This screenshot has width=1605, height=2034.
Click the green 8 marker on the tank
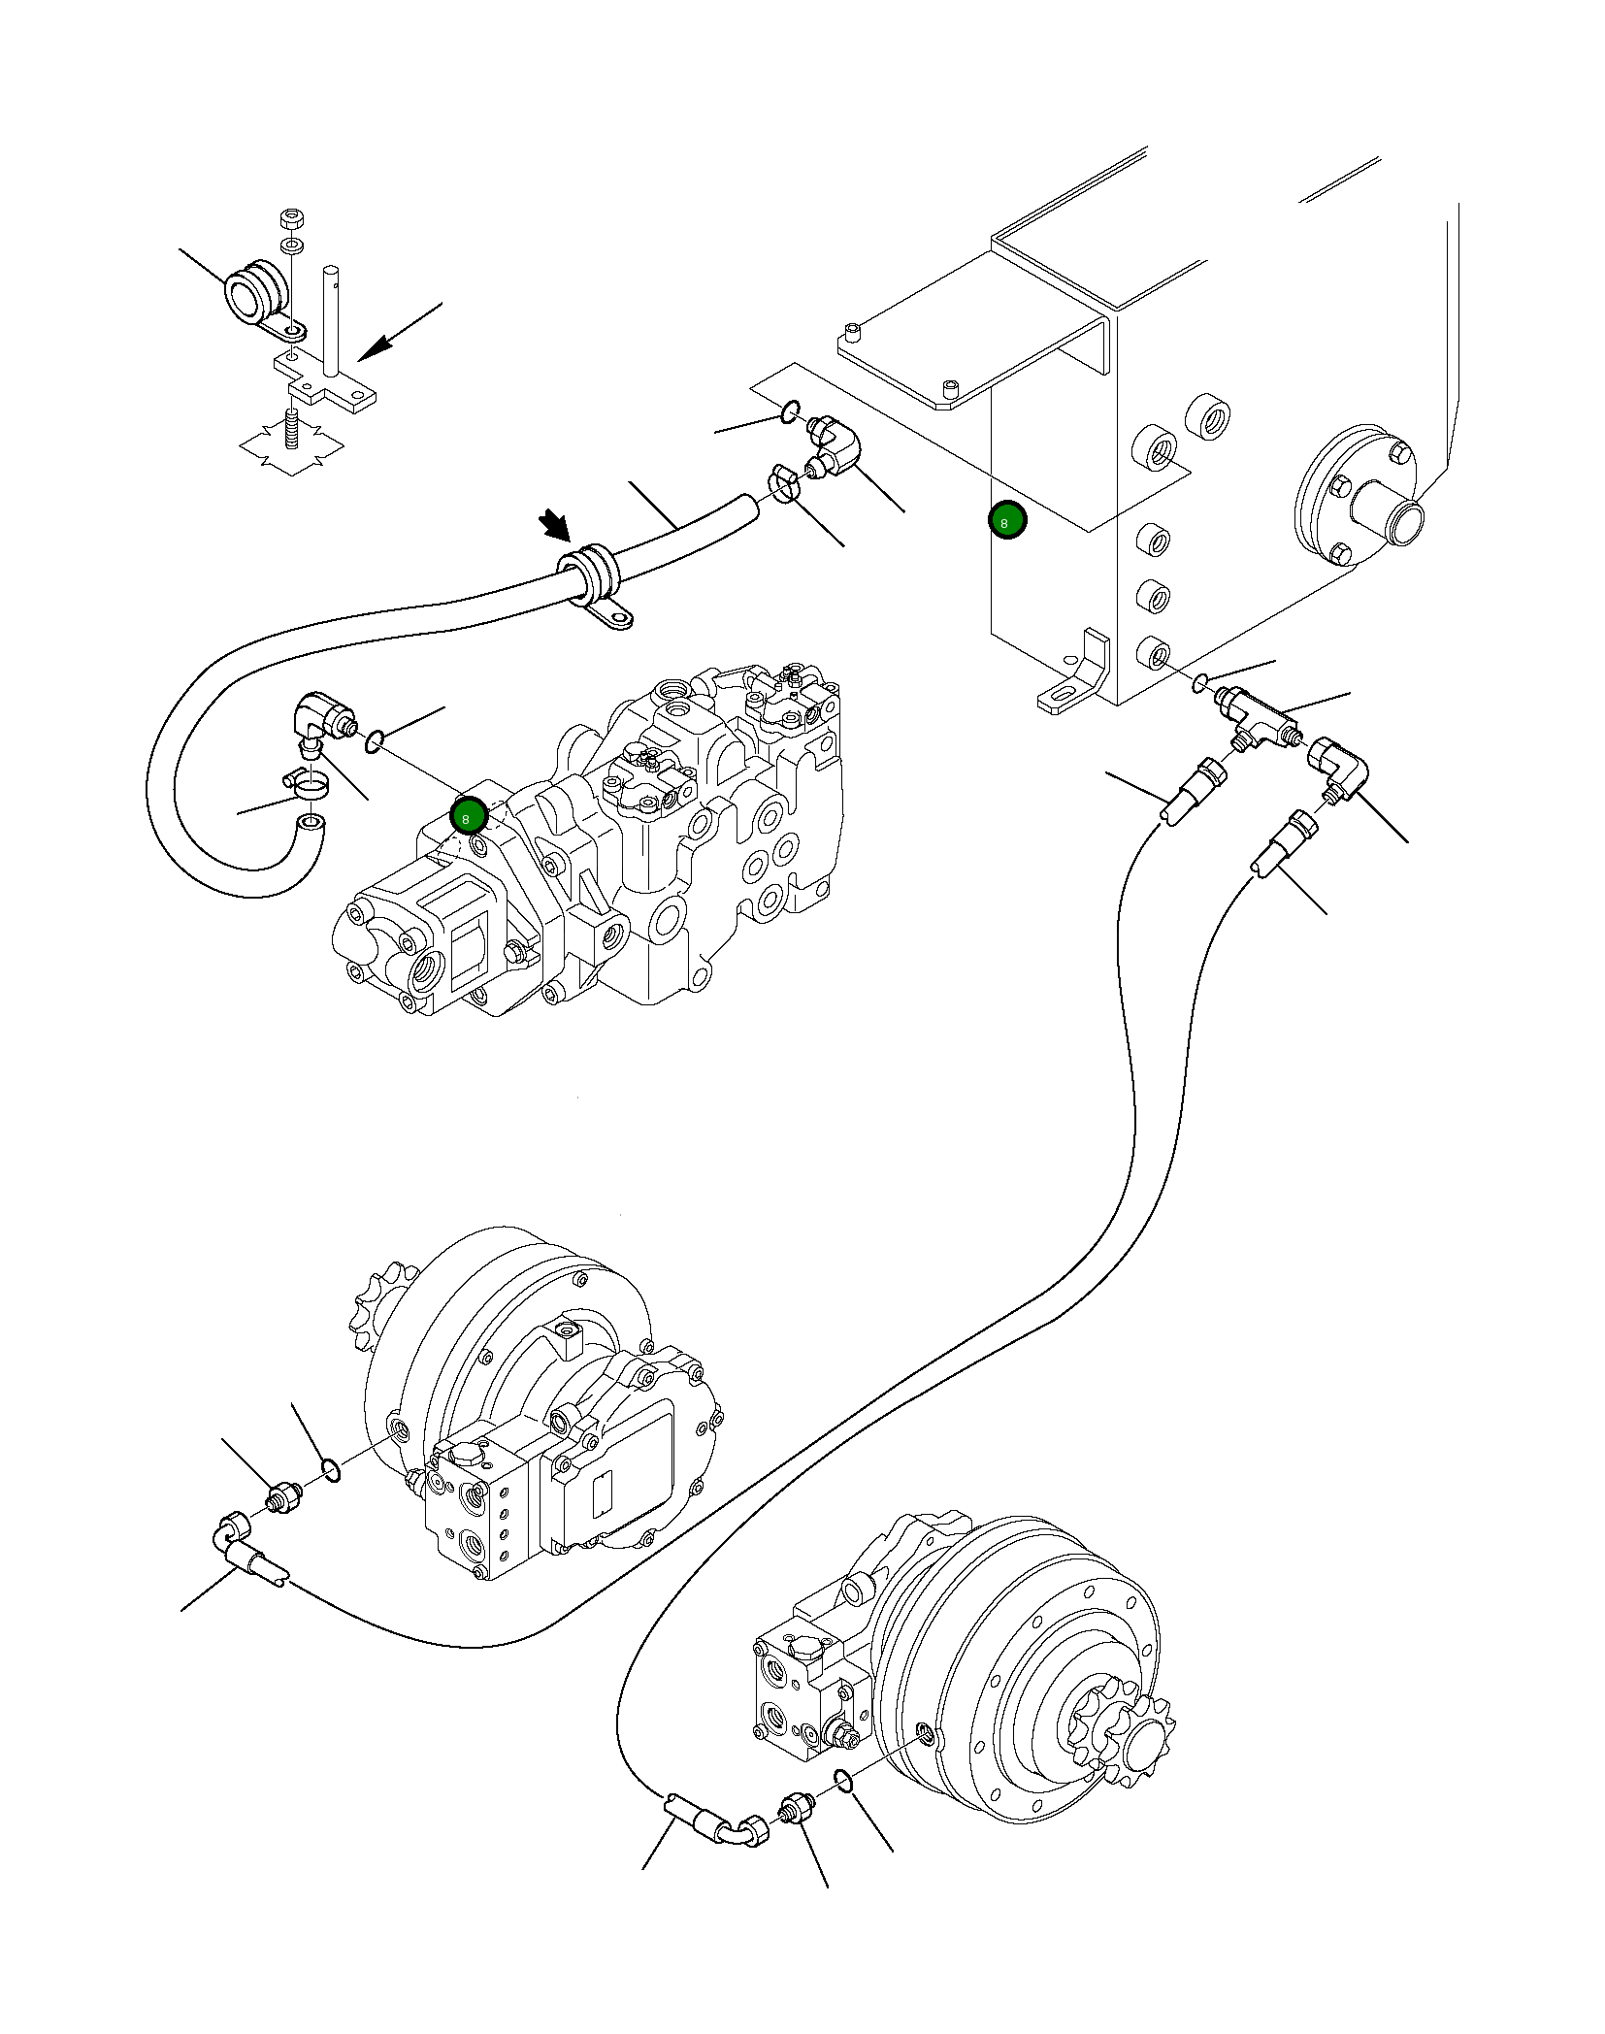pos(1006,522)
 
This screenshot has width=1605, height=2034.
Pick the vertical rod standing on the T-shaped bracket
pos(333,320)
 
